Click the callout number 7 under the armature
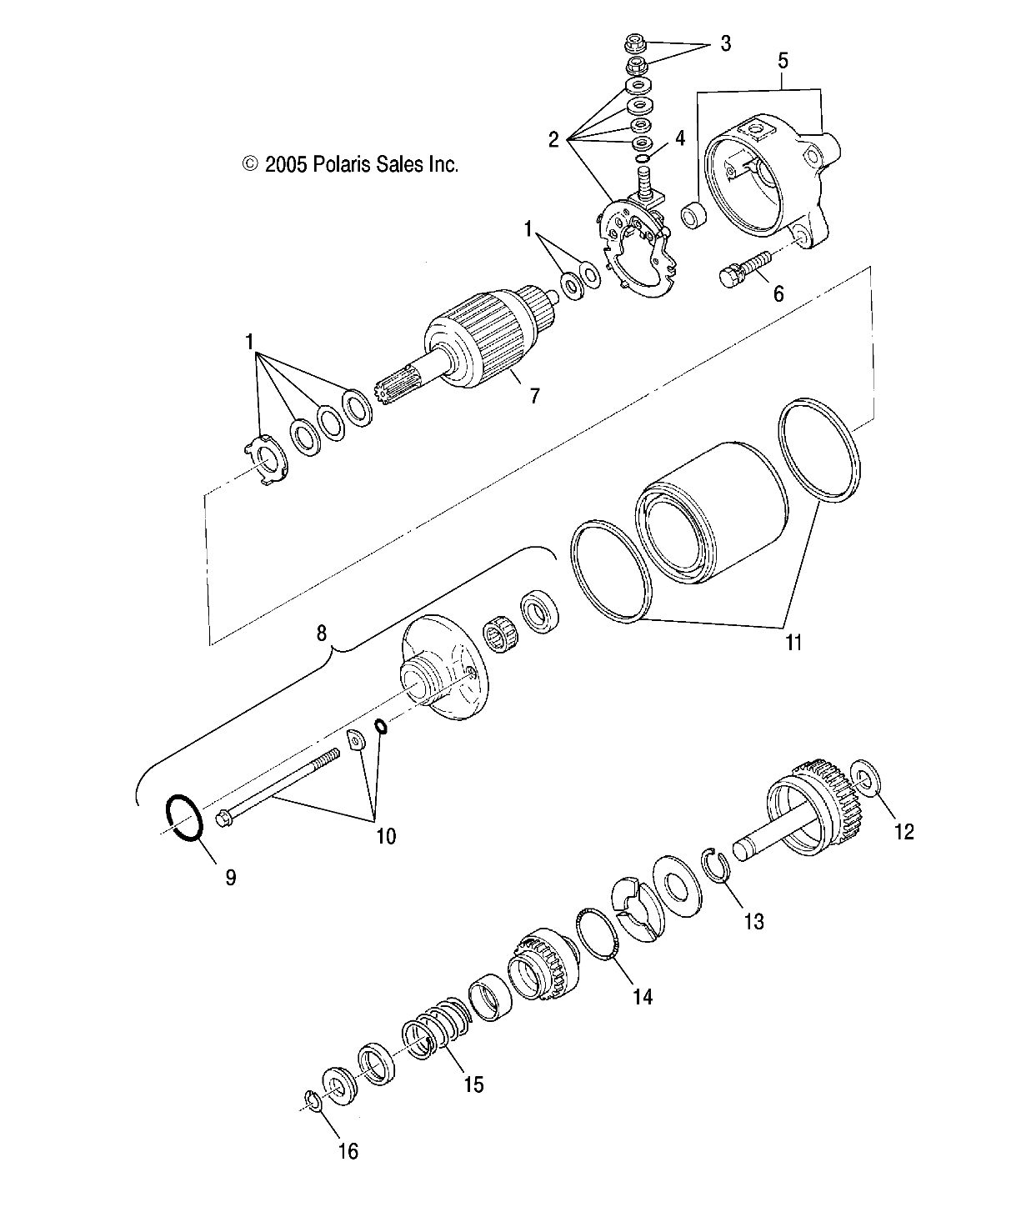click(x=533, y=394)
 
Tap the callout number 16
click(x=348, y=1151)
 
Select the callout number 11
click(x=793, y=642)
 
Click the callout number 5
click(x=782, y=60)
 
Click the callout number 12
click(x=903, y=831)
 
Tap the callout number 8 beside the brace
click(x=322, y=633)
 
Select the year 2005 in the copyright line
click(x=286, y=164)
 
